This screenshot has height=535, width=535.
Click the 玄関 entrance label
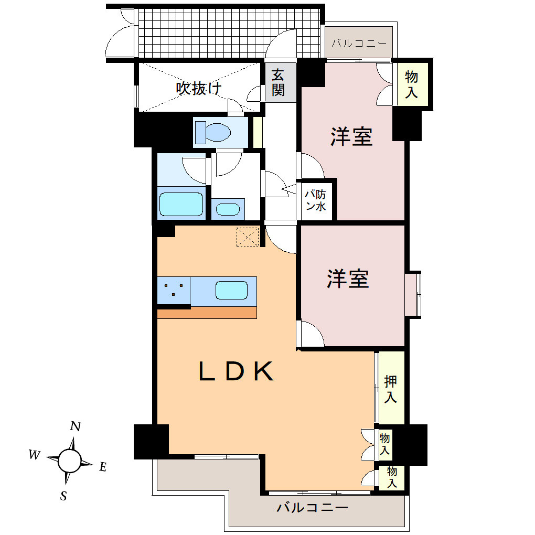pyautogui.click(x=278, y=83)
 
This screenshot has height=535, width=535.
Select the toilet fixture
pyautogui.click(x=213, y=131)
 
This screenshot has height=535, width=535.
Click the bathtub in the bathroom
pyautogui.click(x=181, y=204)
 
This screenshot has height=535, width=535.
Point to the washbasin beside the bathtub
pyautogui.click(x=227, y=209)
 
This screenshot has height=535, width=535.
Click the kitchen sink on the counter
pyautogui.click(x=231, y=290)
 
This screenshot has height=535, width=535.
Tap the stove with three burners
pyautogui.click(x=174, y=290)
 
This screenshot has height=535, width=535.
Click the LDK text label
pyautogui.click(x=236, y=372)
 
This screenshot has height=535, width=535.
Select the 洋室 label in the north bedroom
pyautogui.click(x=351, y=136)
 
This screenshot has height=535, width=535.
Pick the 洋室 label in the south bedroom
pyautogui.click(x=348, y=279)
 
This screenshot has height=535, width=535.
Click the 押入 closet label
pyautogui.click(x=390, y=389)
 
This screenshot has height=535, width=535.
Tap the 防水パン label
pyautogui.click(x=316, y=200)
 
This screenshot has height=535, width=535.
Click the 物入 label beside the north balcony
pyautogui.click(x=412, y=84)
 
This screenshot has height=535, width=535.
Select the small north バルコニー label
pyautogui.click(x=359, y=44)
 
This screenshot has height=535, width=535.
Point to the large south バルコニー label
pyautogui.click(x=313, y=508)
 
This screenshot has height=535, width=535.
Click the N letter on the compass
pyautogui.click(x=76, y=426)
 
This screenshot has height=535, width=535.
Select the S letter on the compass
pyautogui.click(x=63, y=496)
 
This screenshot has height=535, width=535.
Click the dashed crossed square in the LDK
pyautogui.click(x=248, y=237)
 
